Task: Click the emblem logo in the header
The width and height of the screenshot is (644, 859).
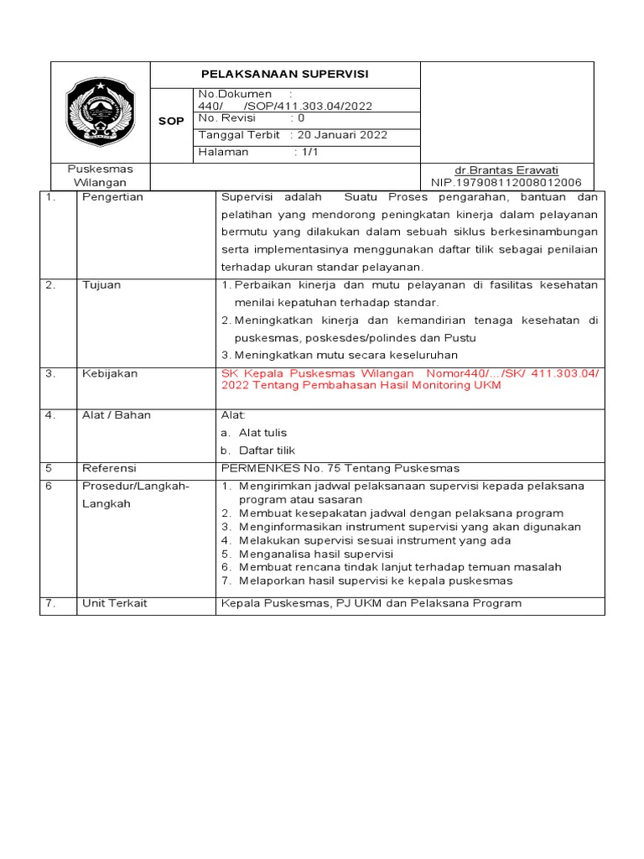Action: point(100,111)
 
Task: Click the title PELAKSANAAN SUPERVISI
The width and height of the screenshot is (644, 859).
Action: point(285,75)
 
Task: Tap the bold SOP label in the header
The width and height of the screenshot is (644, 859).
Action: point(171,122)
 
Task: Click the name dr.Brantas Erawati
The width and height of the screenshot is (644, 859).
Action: point(506,169)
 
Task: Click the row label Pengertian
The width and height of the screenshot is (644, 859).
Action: point(112,197)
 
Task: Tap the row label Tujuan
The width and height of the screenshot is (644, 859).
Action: point(101,285)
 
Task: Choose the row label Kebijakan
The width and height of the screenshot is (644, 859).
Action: point(110,373)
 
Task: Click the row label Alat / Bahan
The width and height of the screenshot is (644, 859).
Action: point(116,415)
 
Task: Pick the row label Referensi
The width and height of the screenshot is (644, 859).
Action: point(109,468)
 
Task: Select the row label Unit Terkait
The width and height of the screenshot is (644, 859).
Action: point(114,602)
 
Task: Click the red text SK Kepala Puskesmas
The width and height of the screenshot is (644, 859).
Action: point(273,373)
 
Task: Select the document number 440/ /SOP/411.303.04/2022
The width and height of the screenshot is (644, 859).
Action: point(285,107)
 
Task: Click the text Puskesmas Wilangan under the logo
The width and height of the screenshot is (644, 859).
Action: point(100,175)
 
